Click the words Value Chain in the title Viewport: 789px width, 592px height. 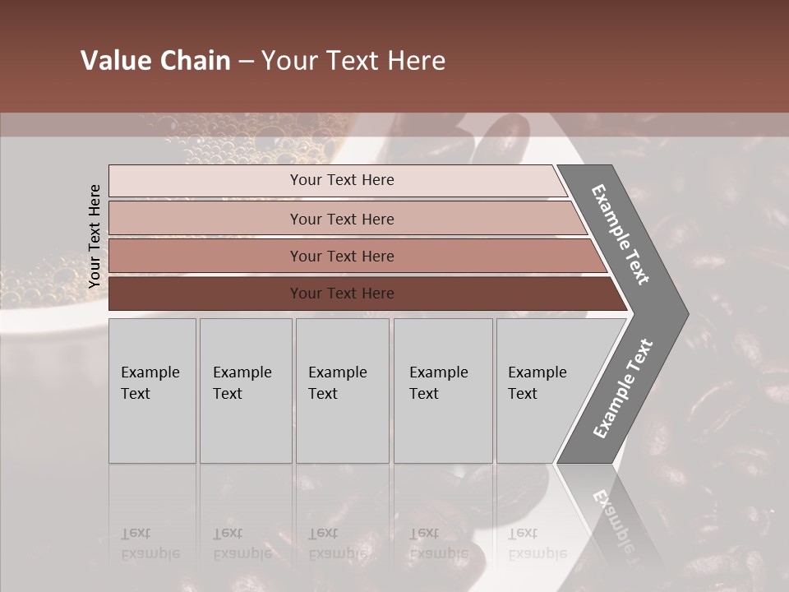[x=155, y=61]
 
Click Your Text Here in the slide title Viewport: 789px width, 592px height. [x=353, y=61]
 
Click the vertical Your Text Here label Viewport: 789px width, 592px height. [x=95, y=237]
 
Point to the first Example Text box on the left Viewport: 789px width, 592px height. [x=152, y=391]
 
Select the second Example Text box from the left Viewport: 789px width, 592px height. [x=245, y=391]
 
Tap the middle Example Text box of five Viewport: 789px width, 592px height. [x=342, y=391]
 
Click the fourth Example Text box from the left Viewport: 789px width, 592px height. [x=443, y=391]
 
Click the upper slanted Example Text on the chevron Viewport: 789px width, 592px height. [x=621, y=234]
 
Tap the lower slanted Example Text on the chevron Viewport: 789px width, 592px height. [x=622, y=389]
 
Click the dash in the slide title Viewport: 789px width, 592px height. [x=246, y=62]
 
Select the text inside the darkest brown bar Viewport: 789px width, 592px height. [x=342, y=294]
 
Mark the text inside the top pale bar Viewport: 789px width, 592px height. [x=342, y=180]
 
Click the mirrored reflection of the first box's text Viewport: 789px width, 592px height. [x=150, y=543]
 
